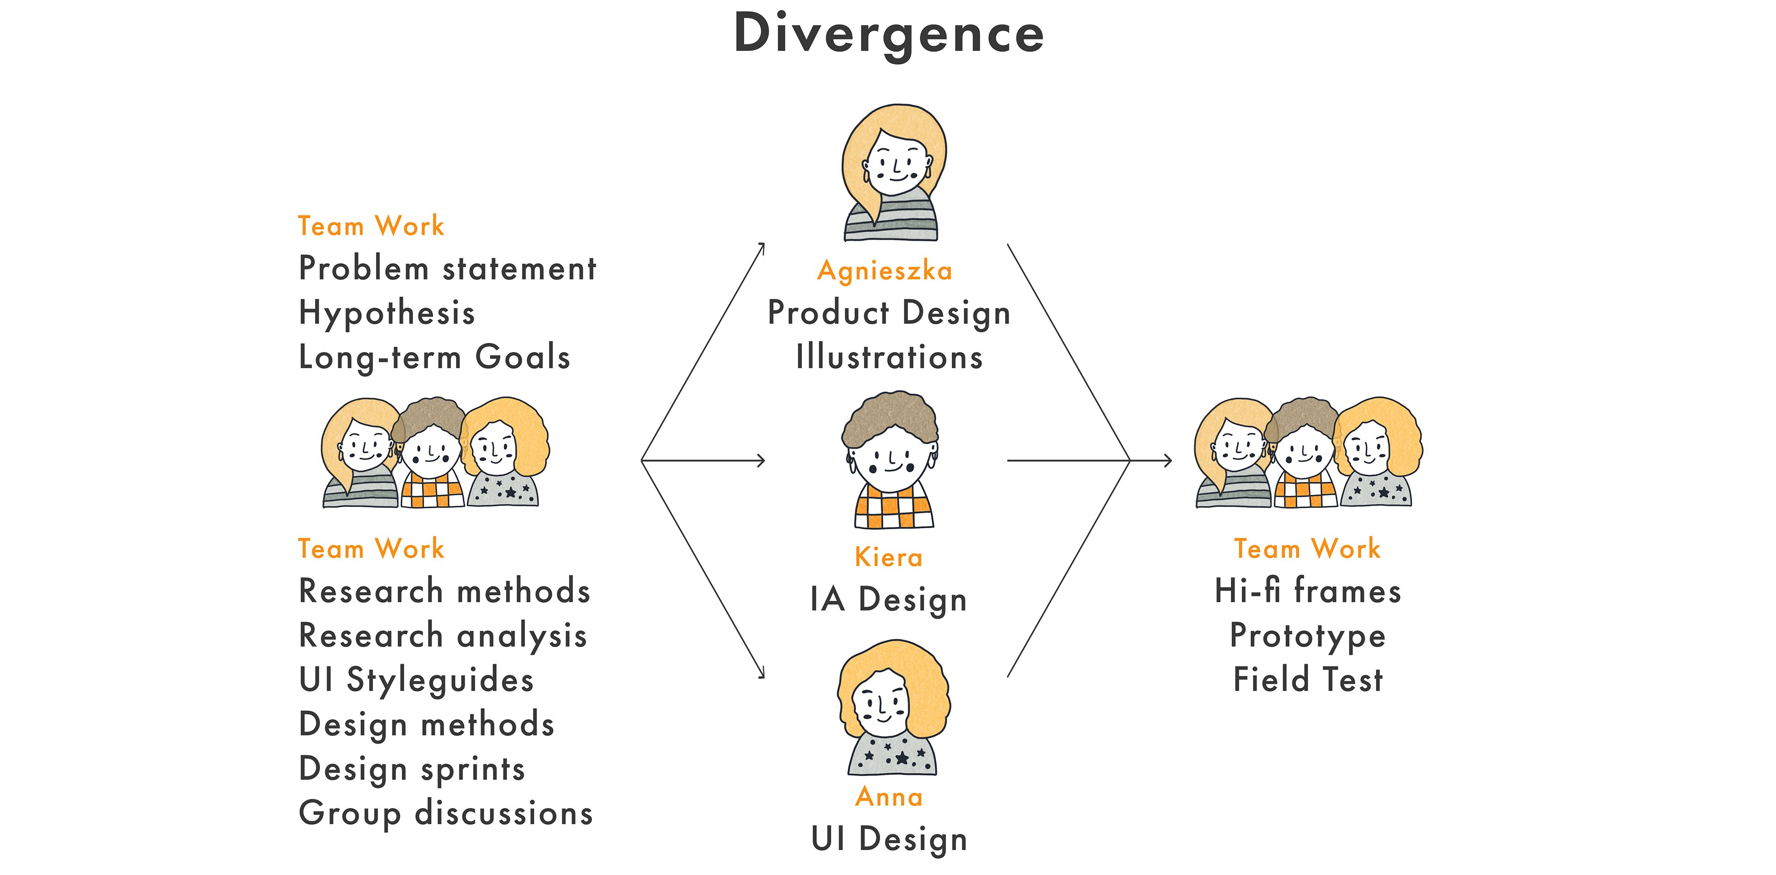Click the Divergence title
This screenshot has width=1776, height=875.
[888, 33]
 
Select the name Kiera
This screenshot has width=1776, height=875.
[888, 557]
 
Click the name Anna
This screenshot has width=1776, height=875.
[888, 797]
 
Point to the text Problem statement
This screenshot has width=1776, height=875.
[447, 268]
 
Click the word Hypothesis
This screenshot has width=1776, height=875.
[387, 313]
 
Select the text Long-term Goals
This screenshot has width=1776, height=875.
[434, 357]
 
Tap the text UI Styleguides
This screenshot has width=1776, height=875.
[416, 680]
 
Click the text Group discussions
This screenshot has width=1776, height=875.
[445, 813]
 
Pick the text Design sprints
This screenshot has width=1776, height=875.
[412, 769]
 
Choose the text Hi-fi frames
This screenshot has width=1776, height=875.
[1307, 592]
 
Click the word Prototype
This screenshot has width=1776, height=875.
[1307, 636]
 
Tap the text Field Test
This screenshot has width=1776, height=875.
[1307, 680]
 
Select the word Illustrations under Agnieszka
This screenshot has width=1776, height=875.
[888, 357]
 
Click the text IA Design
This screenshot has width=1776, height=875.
[888, 599]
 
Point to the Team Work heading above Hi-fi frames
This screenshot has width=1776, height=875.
[1307, 549]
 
